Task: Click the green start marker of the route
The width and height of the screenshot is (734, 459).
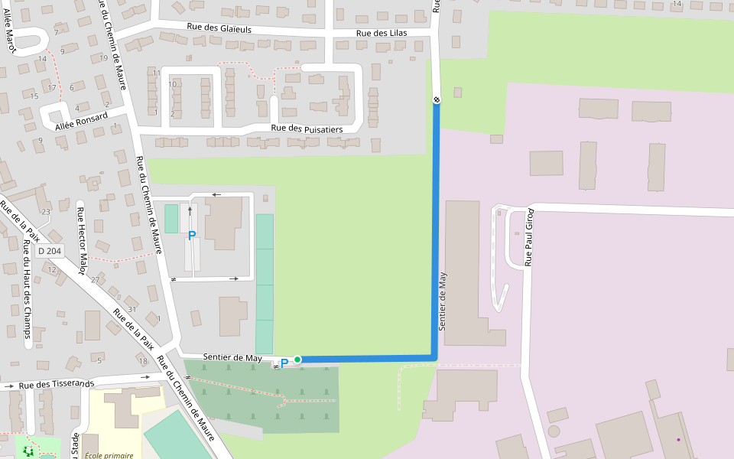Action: tap(297, 359)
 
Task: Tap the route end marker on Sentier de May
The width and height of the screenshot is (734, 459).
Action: tap(437, 100)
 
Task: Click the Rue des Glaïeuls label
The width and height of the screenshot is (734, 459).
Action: tap(219, 28)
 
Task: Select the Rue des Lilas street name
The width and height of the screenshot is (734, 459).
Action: tap(381, 34)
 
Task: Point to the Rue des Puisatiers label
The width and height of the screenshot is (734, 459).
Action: tap(307, 129)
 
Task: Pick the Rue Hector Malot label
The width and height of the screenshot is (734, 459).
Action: tap(80, 230)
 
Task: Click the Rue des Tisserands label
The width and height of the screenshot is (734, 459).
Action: tap(57, 385)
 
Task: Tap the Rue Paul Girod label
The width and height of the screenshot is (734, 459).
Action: tap(528, 236)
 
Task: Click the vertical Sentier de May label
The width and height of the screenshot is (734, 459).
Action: tap(442, 301)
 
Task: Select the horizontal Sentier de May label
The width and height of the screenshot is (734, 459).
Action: tap(232, 358)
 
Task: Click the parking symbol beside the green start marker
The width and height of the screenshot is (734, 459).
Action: tap(284, 363)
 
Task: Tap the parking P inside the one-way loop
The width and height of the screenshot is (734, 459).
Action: tap(192, 236)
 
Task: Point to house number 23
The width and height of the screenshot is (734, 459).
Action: tap(46, 212)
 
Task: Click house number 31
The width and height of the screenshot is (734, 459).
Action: tap(132, 309)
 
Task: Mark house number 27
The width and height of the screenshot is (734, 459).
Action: tap(96, 280)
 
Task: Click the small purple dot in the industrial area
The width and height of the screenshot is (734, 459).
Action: tap(677, 440)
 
